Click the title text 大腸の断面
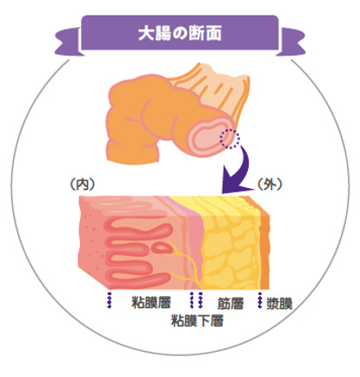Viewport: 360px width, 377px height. [180, 34]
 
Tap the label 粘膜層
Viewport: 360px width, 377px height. [151, 302]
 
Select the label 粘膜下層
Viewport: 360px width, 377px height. [197, 320]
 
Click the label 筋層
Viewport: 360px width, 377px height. [230, 304]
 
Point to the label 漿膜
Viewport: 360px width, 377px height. [279, 304]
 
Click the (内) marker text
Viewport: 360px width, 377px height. [83, 185]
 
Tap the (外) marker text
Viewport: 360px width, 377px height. [270, 185]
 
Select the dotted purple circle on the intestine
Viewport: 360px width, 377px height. [230, 138]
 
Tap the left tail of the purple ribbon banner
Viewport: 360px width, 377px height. [68, 41]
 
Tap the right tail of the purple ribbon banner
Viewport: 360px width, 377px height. [291, 41]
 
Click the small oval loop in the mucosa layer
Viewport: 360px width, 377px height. [163, 247]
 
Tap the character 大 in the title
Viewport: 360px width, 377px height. [145, 34]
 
